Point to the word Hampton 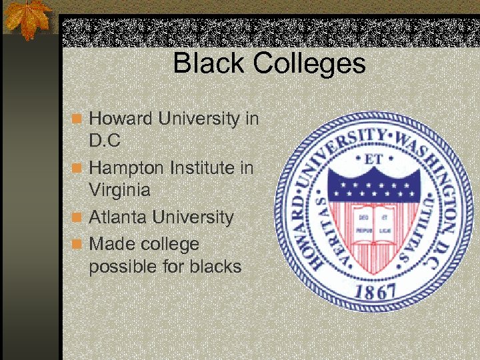point(127,168)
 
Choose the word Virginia point(119,191)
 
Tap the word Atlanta point(118,217)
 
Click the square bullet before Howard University point(78,119)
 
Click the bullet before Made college point(78,245)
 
